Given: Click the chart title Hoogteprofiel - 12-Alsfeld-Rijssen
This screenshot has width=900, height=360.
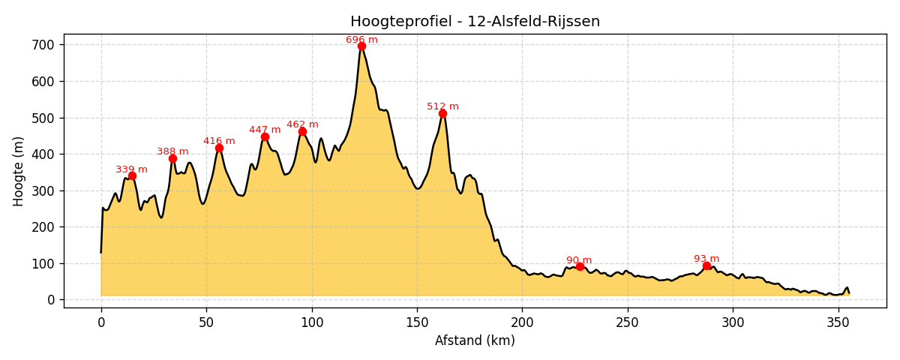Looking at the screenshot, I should pos(475,22).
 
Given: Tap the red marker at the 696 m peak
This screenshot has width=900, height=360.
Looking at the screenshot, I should pos(361,46).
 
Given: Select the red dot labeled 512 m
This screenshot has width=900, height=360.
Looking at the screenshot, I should pos(442,113).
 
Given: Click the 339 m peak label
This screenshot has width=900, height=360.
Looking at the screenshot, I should pos(131,169).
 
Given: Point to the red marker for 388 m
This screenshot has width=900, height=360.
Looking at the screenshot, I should pos(172,158).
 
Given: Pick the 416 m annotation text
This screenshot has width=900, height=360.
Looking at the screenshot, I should pos(219,141).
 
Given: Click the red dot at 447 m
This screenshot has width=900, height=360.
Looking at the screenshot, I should pos(265,136).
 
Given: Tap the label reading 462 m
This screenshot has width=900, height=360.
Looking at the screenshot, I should pos(302,124).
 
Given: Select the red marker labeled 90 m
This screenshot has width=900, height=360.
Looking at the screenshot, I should pos(580,266).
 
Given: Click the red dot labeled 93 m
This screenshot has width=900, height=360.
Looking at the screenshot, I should pos(706,265).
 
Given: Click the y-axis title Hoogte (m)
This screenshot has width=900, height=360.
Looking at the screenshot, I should pos(19,171).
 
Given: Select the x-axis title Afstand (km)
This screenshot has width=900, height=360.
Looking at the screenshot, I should pos(475,340).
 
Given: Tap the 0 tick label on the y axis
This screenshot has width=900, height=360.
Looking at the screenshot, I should pos(51,300).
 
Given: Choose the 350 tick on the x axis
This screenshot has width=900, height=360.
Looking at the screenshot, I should pos(838,322).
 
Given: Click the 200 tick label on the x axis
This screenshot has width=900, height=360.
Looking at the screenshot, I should pos(522,322).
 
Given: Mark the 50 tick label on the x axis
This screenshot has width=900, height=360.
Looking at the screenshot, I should pos(206,322).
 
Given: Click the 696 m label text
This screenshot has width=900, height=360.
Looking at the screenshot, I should pos(361,40).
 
